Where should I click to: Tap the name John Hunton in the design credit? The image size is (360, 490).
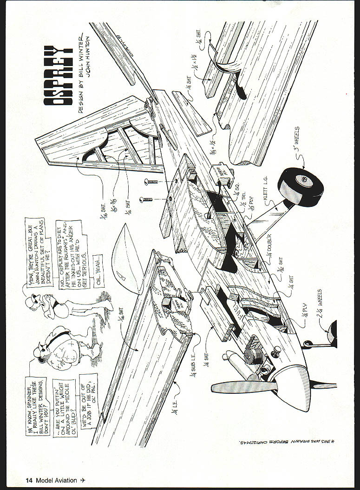96,61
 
